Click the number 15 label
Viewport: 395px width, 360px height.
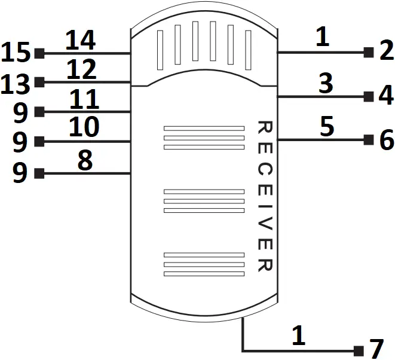click(16, 53)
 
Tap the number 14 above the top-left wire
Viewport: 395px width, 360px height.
click(80, 41)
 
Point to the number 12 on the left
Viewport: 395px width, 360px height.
click(81, 70)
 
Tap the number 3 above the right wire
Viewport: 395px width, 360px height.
click(325, 84)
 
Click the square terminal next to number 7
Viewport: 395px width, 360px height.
click(359, 350)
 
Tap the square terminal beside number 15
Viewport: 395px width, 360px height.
click(39, 53)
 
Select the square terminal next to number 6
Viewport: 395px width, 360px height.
click(369, 140)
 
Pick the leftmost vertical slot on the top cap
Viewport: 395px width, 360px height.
click(160, 50)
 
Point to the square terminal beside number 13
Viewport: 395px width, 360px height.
click(39, 83)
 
